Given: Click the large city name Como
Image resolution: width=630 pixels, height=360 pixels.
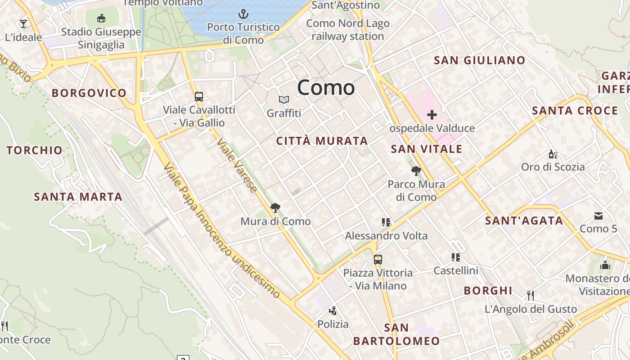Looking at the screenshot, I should click(326, 87).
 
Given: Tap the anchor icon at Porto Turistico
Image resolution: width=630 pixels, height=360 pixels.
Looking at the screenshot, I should click(243, 13).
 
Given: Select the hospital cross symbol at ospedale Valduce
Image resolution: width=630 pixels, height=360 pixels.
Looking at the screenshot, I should click(432, 115).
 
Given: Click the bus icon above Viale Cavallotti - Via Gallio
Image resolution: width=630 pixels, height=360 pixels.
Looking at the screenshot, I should click(198, 96).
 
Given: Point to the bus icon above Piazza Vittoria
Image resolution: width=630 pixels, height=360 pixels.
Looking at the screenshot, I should click(378, 259).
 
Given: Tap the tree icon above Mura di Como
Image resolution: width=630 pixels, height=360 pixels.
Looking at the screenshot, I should click(275, 207).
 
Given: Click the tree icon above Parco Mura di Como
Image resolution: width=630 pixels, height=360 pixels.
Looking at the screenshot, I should click(416, 171).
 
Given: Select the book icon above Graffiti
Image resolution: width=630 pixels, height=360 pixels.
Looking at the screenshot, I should click(283, 99).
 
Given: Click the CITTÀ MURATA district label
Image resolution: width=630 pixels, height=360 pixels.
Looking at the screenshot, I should click(322, 141).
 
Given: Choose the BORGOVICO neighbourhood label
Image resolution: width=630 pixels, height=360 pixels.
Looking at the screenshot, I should click(89, 93).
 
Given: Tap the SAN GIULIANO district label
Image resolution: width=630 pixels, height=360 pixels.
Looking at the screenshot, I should click(480, 60).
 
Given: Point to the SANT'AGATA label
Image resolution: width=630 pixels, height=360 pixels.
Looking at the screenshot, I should click(524, 220).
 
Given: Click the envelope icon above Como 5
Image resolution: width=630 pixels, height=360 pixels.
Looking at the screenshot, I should click(598, 216).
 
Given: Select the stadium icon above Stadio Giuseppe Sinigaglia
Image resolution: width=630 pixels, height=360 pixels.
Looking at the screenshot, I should click(101, 18).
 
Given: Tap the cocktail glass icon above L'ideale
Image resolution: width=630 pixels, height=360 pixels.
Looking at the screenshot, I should click(23, 23).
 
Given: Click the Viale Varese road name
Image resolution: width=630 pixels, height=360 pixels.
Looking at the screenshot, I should click(237, 166).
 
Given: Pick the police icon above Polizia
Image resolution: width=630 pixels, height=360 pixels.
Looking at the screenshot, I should click(333, 310).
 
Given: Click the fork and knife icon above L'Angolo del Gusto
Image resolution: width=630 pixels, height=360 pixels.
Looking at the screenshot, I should click(531, 295).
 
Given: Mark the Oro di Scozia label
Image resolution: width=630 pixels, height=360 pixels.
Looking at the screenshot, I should click(553, 167).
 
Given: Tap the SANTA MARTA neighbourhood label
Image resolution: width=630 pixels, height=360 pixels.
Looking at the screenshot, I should click(78, 197).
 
